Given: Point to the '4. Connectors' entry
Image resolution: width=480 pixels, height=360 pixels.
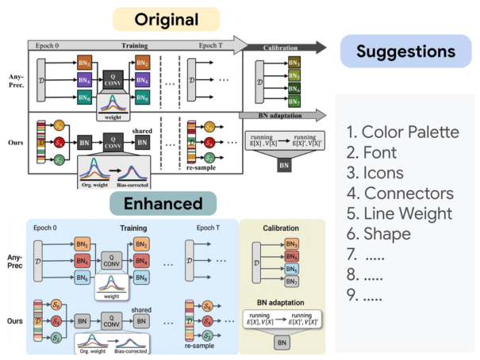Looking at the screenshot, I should click(x=397, y=193).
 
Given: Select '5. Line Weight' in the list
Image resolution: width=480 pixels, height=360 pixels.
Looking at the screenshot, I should click(x=399, y=214).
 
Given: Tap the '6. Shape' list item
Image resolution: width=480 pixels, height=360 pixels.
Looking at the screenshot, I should click(x=378, y=235).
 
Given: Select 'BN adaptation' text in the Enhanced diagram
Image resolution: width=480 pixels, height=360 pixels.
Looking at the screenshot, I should click(x=282, y=304).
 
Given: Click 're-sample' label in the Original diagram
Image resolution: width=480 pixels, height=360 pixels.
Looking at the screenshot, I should click(x=203, y=169).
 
